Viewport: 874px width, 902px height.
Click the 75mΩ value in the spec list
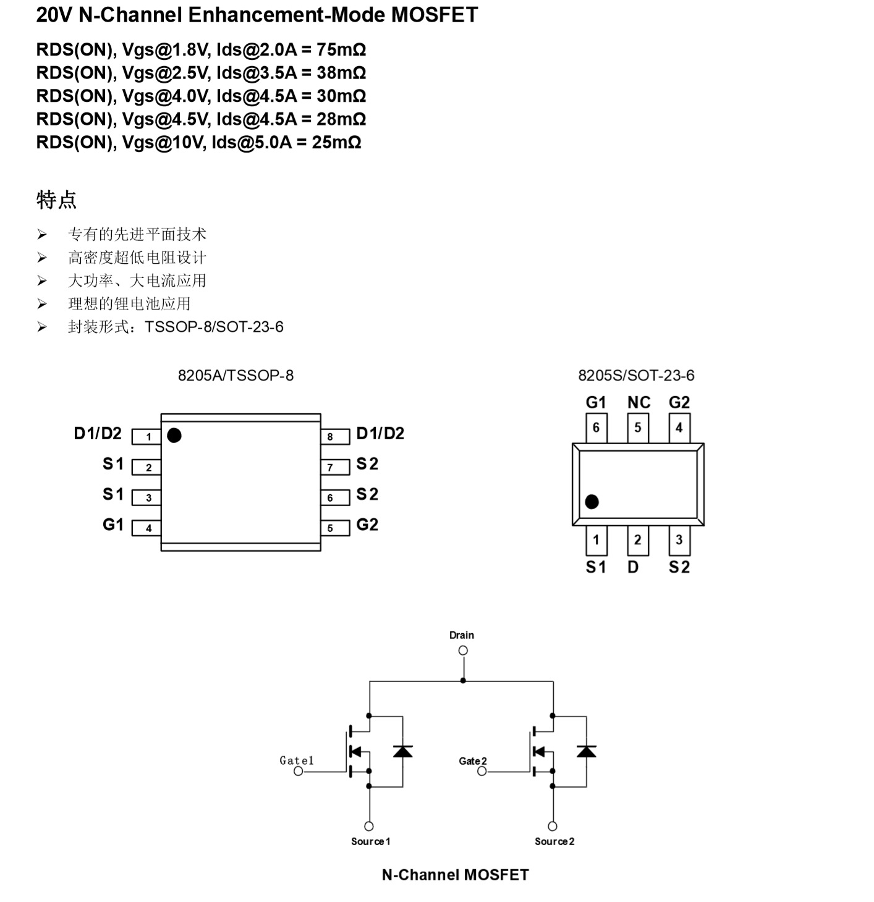[341, 49]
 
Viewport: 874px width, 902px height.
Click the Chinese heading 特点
[56, 200]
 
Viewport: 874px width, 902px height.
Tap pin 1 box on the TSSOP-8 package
[147, 437]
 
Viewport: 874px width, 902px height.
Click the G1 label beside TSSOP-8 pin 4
[113, 525]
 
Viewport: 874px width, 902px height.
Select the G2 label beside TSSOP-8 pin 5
[367, 525]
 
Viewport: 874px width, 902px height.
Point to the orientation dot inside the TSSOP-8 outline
[174, 436]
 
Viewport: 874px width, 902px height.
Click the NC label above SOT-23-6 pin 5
[639, 403]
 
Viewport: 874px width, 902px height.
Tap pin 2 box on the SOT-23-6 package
[637, 540]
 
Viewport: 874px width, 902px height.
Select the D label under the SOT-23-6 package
[633, 567]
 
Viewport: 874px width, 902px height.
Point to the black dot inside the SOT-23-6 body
[592, 502]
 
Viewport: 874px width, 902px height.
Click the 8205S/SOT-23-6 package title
[636, 376]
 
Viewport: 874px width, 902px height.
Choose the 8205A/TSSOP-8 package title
[235, 376]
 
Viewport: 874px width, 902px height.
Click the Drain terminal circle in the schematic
[463, 651]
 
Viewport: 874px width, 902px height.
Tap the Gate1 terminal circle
[299, 772]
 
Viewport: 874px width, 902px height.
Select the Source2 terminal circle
[553, 827]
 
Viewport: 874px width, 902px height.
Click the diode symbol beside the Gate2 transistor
[586, 751]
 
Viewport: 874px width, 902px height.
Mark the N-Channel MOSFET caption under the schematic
[455, 875]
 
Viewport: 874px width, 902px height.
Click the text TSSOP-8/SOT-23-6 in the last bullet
[214, 327]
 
